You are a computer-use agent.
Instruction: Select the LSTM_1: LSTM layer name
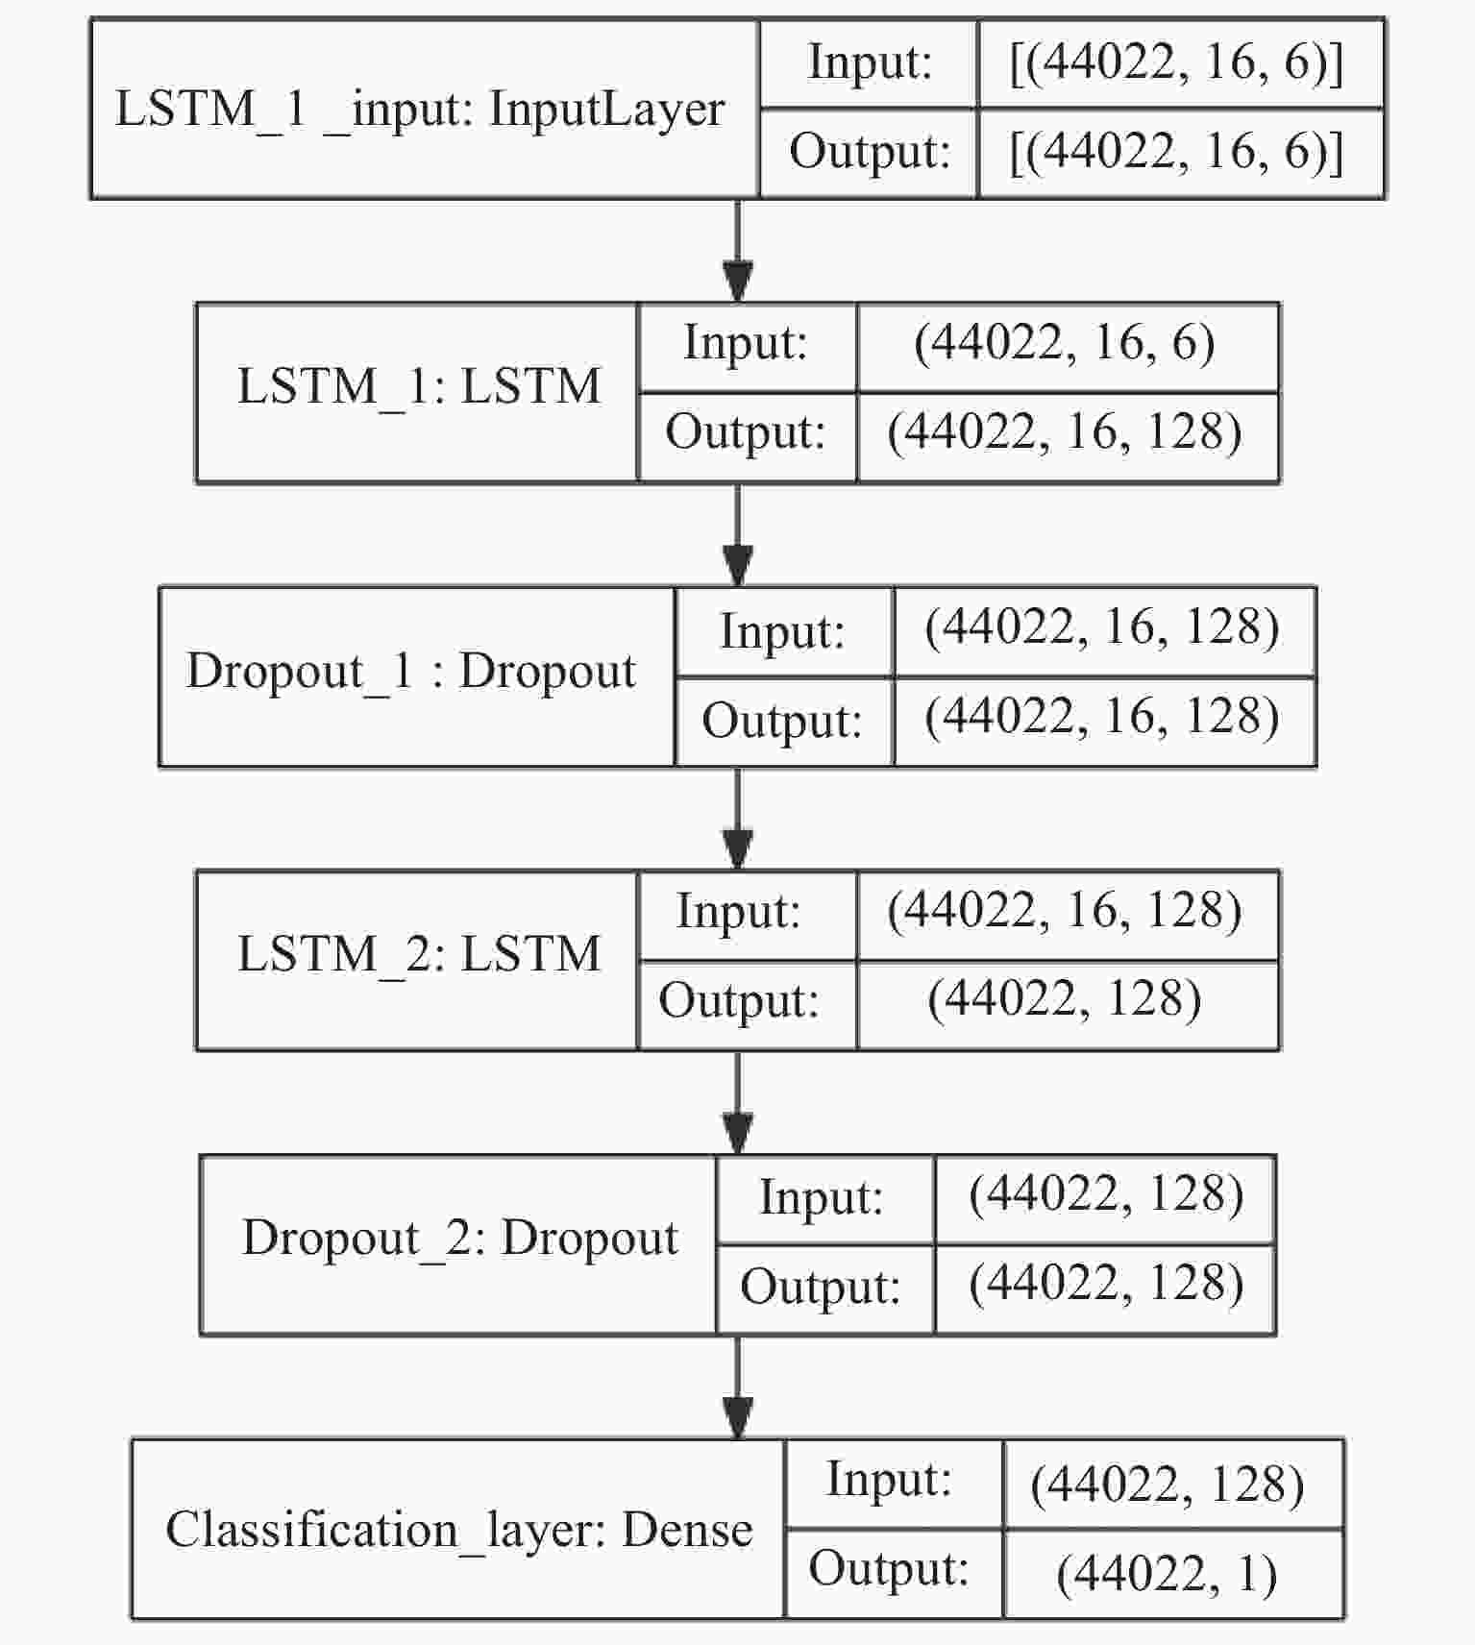(419, 387)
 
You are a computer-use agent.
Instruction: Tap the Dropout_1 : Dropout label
(411, 672)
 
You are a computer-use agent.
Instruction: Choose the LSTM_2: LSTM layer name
(419, 955)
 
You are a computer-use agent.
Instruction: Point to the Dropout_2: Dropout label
(460, 1239)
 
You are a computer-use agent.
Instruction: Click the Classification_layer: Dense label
(458, 1530)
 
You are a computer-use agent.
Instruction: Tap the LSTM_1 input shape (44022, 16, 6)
(1065, 343)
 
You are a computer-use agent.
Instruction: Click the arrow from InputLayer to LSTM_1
(737, 252)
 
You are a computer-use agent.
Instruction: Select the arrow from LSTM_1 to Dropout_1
(737, 535)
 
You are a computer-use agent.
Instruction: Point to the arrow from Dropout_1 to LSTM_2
(737, 819)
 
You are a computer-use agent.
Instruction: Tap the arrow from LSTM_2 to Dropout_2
(737, 1103)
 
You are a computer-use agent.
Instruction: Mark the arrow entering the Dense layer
(737, 1387)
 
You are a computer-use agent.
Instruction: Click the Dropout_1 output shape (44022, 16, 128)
(1102, 718)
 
